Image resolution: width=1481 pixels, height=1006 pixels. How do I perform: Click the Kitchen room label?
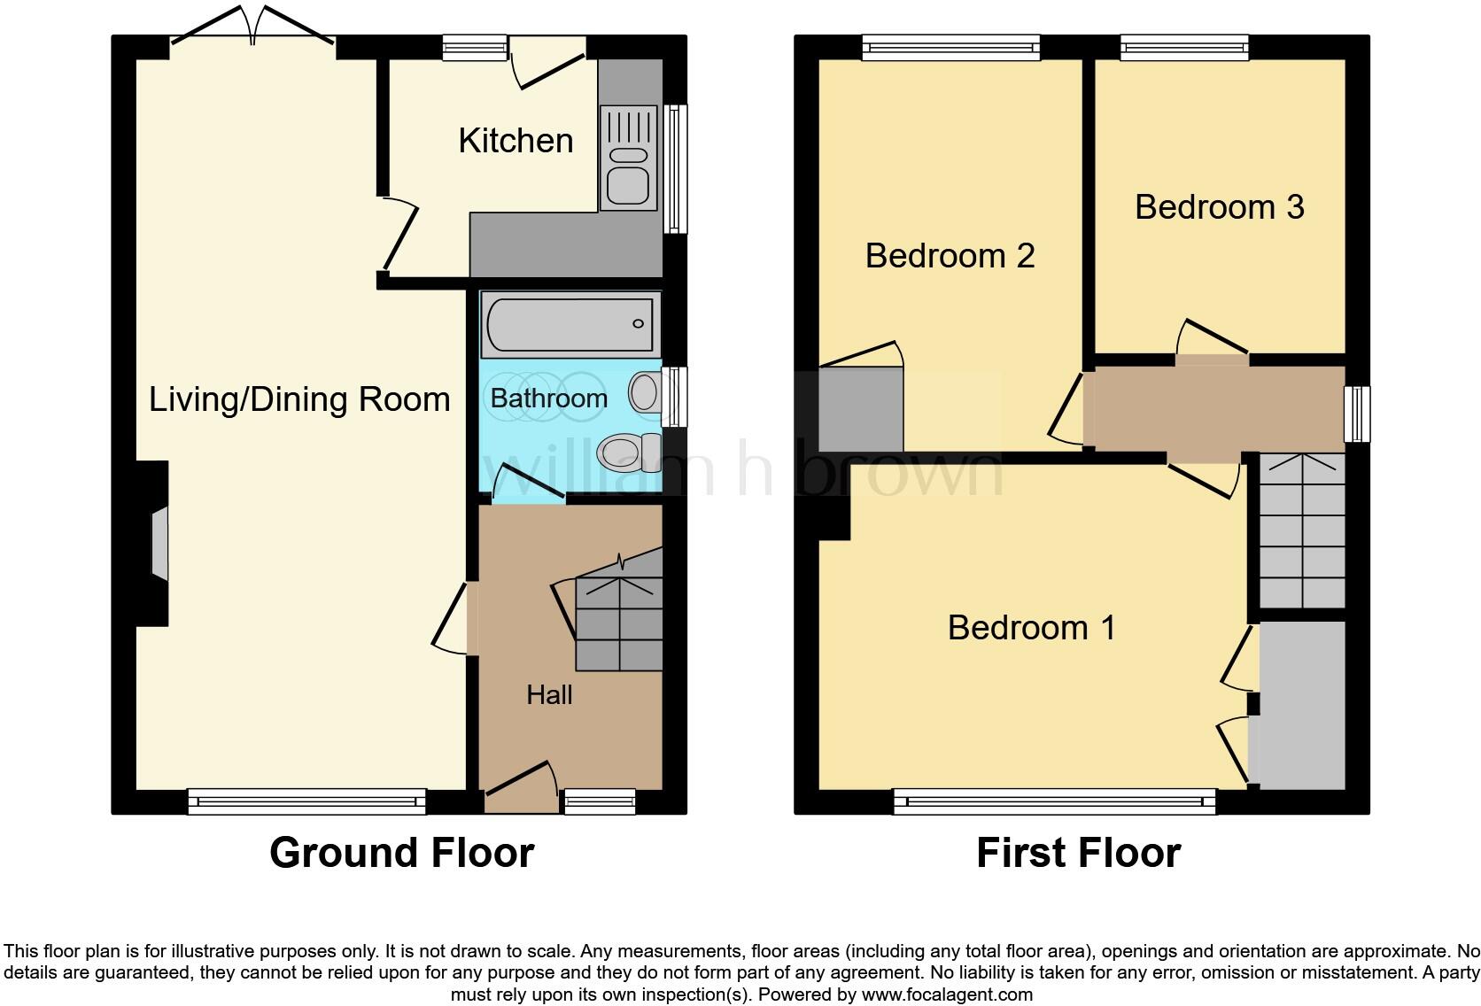click(516, 141)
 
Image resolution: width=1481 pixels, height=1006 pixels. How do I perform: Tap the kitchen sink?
click(628, 158)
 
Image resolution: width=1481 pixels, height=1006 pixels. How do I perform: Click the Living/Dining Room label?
click(299, 399)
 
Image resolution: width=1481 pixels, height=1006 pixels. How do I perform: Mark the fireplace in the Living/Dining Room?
click(158, 544)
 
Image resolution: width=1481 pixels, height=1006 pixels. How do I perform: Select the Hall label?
click(549, 695)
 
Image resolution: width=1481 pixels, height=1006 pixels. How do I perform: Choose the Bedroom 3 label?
click(1219, 207)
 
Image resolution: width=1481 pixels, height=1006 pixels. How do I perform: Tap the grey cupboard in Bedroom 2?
click(860, 410)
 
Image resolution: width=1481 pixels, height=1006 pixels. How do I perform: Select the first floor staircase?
click(1302, 531)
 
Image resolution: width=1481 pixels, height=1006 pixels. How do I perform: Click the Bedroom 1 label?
click(1031, 628)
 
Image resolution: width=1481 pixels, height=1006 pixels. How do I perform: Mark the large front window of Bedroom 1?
click(1054, 801)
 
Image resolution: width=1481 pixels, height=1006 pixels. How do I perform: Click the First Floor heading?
click(1078, 853)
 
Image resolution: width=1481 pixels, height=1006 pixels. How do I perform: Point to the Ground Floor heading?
click(401, 853)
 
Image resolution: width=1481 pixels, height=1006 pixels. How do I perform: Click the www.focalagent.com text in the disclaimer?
click(946, 994)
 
